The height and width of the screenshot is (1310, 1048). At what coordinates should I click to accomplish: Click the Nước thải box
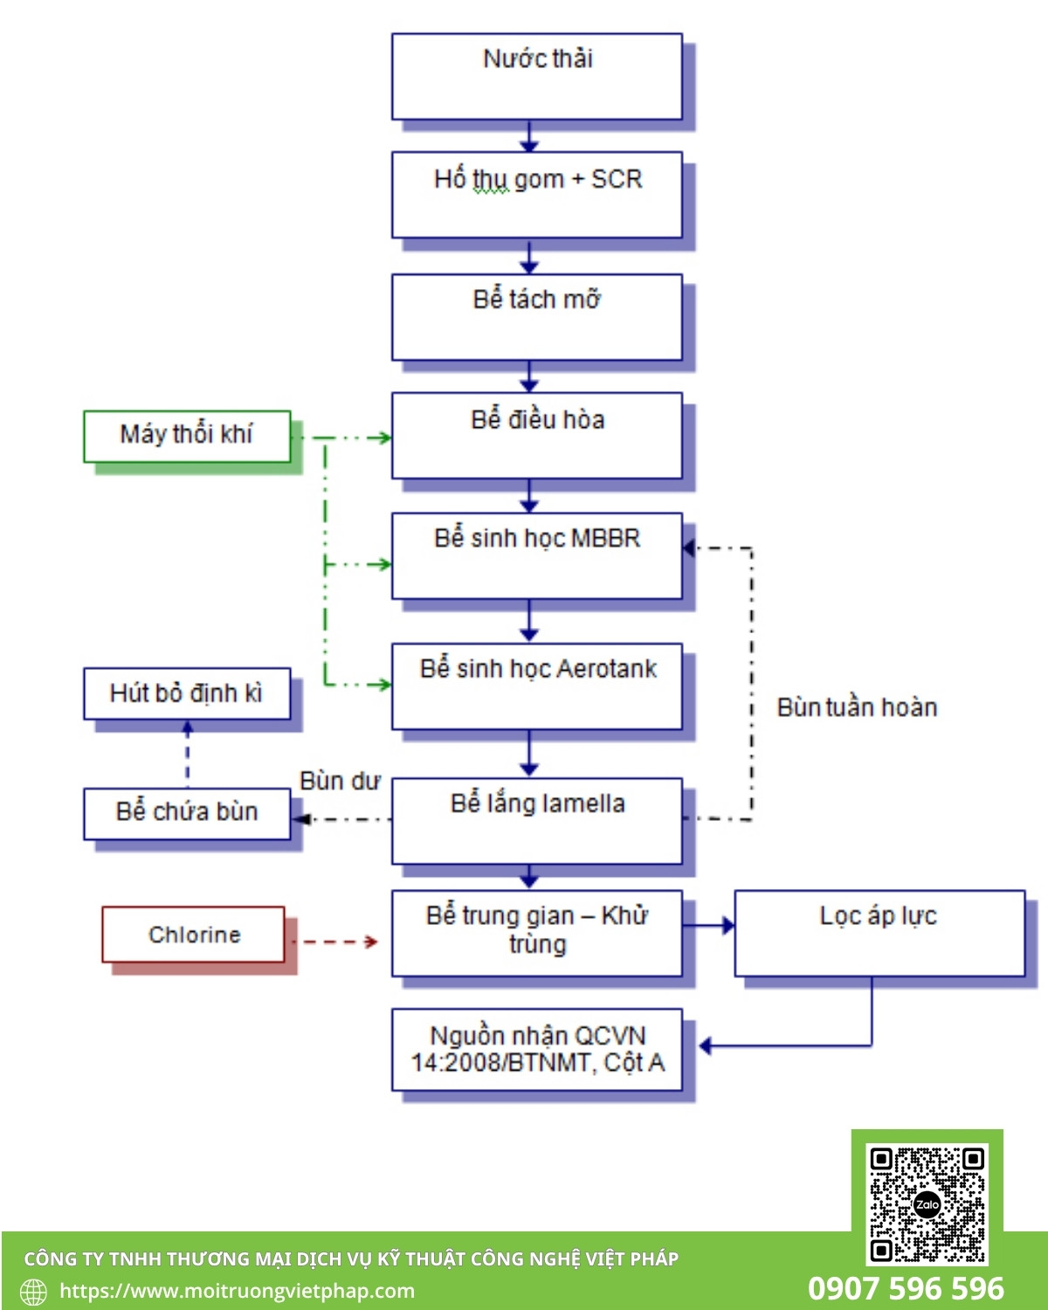tap(536, 77)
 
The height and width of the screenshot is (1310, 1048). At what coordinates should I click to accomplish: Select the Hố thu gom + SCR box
tap(536, 195)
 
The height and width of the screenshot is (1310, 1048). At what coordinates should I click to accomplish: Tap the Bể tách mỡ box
tap(536, 317)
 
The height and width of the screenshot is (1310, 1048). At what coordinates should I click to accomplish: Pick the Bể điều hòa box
tap(536, 435)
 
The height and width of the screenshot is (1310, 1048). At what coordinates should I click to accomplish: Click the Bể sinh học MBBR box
tap(536, 555)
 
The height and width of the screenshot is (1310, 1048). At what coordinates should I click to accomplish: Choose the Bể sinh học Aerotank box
tap(536, 686)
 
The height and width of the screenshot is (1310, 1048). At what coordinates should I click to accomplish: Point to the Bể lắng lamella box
tap(536, 821)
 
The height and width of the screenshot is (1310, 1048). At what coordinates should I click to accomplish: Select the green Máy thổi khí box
tap(187, 437)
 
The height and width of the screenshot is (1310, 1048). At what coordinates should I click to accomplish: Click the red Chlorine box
tap(193, 934)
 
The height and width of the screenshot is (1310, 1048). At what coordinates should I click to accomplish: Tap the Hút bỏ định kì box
tap(187, 693)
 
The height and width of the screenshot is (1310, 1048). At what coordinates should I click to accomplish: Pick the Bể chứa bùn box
tap(187, 814)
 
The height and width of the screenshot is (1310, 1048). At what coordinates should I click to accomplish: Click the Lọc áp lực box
tap(879, 934)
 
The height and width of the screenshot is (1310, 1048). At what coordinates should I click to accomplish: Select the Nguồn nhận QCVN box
tap(536, 1050)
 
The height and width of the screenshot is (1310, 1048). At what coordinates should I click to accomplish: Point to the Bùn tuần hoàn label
tap(857, 707)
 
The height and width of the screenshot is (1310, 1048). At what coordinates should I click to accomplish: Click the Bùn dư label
tap(340, 781)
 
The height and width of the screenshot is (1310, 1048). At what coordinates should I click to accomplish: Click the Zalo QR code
tap(927, 1204)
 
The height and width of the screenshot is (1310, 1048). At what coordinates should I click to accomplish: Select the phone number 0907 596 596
tap(906, 1288)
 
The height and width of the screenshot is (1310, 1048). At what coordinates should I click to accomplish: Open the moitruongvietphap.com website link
tap(237, 1291)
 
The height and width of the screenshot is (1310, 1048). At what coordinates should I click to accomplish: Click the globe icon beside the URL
tap(33, 1292)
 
